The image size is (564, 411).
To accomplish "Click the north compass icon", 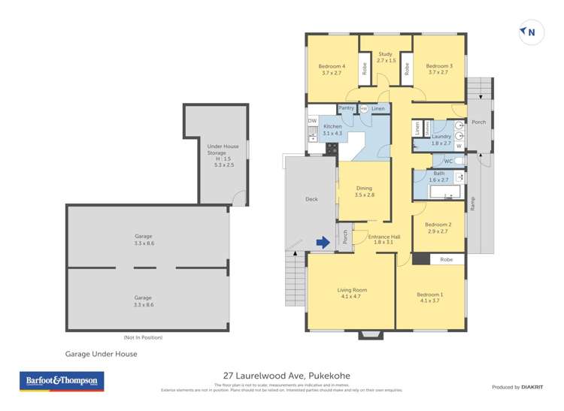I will (530, 32).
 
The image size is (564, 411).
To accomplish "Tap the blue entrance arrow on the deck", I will (323, 242).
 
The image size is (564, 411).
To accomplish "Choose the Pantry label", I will (346, 108).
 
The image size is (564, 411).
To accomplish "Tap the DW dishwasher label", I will (312, 121).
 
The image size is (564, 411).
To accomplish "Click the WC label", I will (447, 161).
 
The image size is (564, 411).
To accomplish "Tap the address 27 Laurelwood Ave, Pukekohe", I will (287, 376).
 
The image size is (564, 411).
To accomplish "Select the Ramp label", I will (472, 203).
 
